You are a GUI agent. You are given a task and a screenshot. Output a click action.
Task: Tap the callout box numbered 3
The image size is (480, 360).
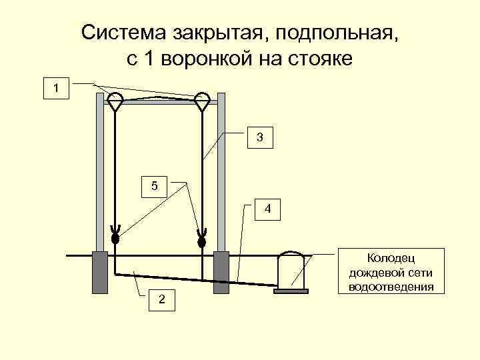coord(259,137)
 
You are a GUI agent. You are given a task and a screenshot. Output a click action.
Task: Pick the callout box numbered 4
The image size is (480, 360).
coord(267,209)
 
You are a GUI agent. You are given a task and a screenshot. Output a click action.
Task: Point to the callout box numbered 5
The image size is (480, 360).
coord(155,186)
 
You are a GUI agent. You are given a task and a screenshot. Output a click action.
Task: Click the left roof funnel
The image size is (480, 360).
coord(115,101)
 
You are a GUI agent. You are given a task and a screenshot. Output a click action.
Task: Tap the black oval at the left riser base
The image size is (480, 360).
coord(115,237)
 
